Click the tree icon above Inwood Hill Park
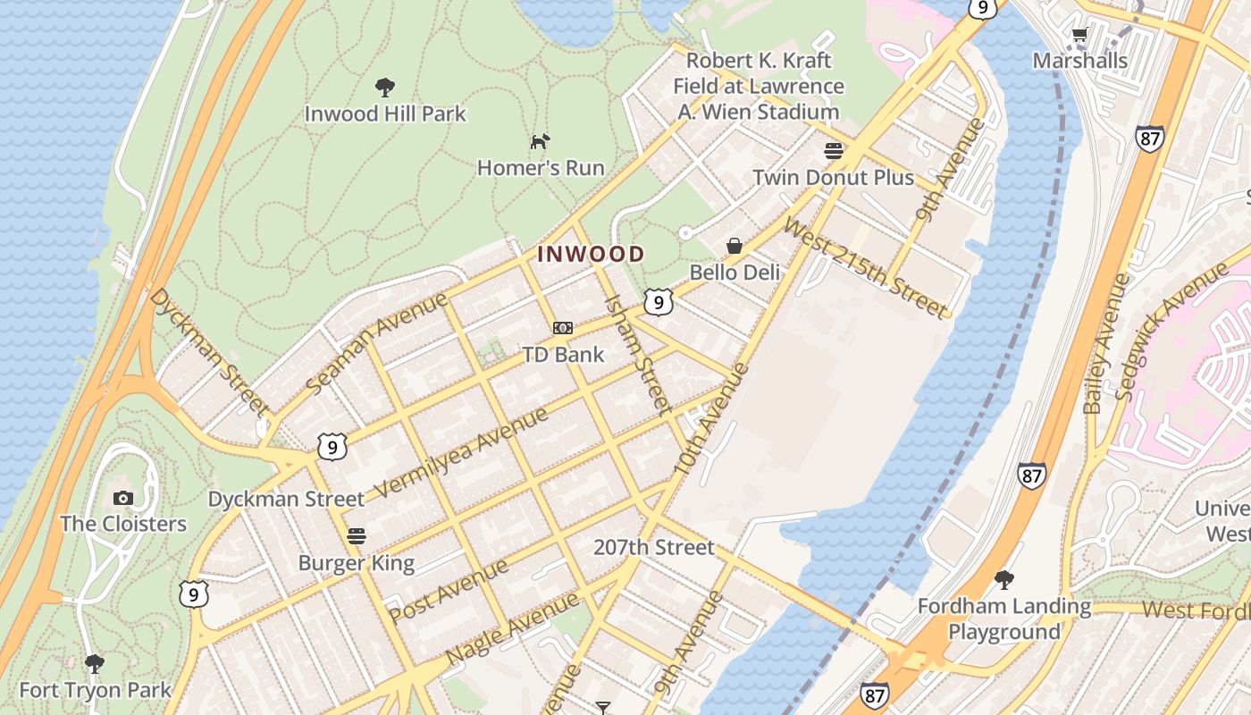pyautogui.click(x=385, y=88)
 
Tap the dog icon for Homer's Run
pyautogui.click(x=541, y=141)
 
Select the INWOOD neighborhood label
pyautogui.click(x=591, y=254)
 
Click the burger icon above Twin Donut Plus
pyautogui.click(x=834, y=151)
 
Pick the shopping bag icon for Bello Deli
pyautogui.click(x=735, y=246)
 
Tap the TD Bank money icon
pyautogui.click(x=563, y=328)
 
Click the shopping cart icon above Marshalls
pyautogui.click(x=1079, y=35)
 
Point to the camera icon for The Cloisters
pyautogui.click(x=123, y=498)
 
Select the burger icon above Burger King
pyautogui.click(x=357, y=536)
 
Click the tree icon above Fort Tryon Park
pyautogui.click(x=95, y=664)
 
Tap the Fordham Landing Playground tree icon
pyautogui.click(x=1004, y=580)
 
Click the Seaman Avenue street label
pyautogui.click(x=376, y=342)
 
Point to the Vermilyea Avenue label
pyautogui.click(x=461, y=452)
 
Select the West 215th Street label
pyautogui.click(x=864, y=266)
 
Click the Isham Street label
pyautogui.click(x=638, y=354)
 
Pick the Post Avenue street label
pyautogui.click(x=449, y=591)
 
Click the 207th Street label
pyautogui.click(x=654, y=547)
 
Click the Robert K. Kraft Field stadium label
pyautogui.click(x=758, y=86)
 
